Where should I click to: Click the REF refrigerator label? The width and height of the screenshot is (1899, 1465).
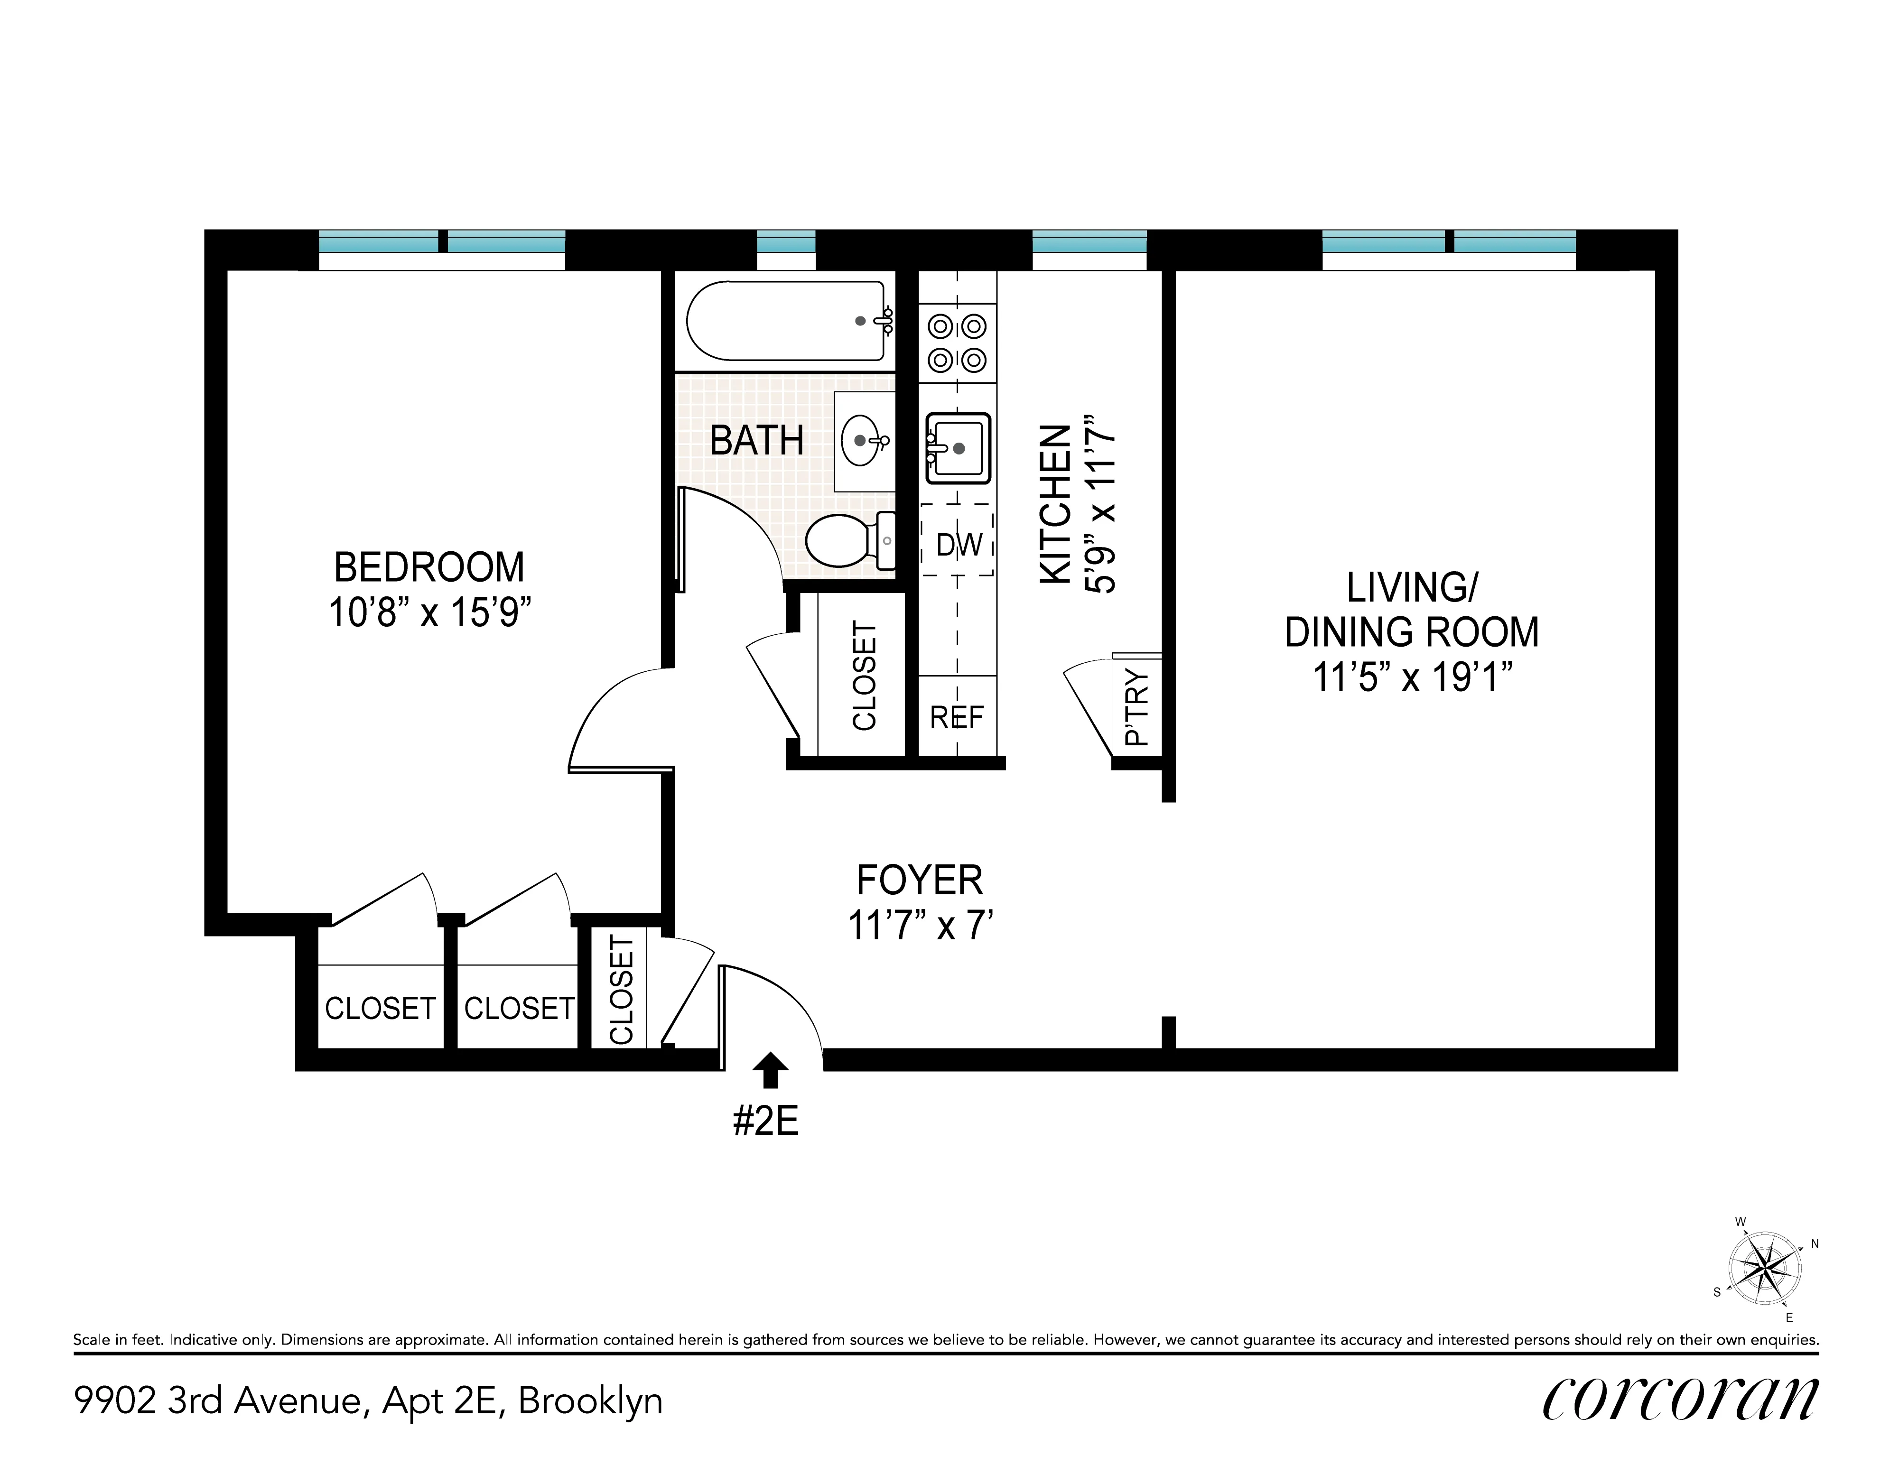pyautogui.click(x=957, y=717)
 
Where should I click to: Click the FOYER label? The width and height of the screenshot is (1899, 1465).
pyautogui.click(x=919, y=880)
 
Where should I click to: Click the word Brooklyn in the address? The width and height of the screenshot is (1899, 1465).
pyautogui.click(x=590, y=1400)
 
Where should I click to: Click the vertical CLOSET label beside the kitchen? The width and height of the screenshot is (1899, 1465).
pyautogui.click(x=864, y=676)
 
